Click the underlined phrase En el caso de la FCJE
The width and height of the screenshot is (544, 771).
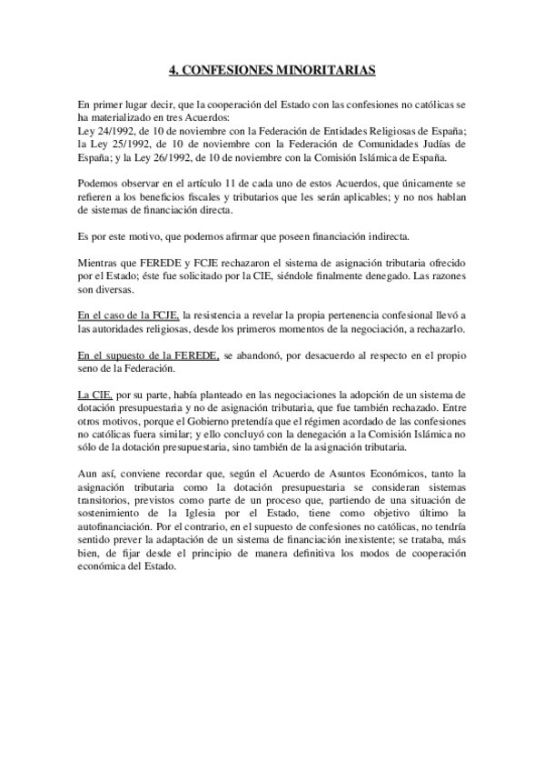tap(129, 313)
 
